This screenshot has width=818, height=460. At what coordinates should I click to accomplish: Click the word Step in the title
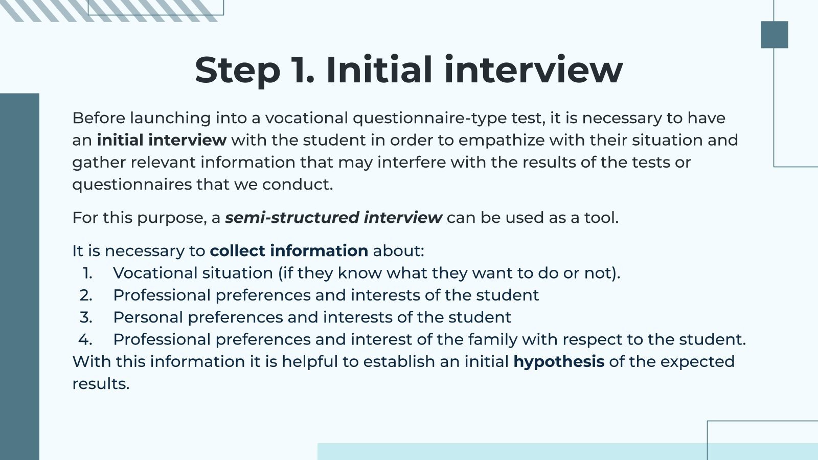(237, 71)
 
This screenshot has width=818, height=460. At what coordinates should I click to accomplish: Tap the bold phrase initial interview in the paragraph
(162, 140)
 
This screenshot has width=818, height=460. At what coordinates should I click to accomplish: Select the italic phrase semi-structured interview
(333, 218)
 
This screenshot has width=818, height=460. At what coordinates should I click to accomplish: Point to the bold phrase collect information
(289, 251)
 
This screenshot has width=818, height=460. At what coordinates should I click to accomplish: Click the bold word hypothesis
(559, 362)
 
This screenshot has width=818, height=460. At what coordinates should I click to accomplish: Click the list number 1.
(87, 273)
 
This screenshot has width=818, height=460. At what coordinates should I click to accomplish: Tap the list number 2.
(86, 295)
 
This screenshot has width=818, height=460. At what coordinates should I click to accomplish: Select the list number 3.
(86, 317)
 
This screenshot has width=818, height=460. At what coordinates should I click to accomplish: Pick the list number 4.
(85, 340)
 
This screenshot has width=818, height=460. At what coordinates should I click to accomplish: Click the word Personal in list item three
(148, 317)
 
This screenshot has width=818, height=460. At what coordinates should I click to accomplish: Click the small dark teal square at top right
(774, 35)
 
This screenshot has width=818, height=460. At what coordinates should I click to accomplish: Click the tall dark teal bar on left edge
(19, 276)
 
